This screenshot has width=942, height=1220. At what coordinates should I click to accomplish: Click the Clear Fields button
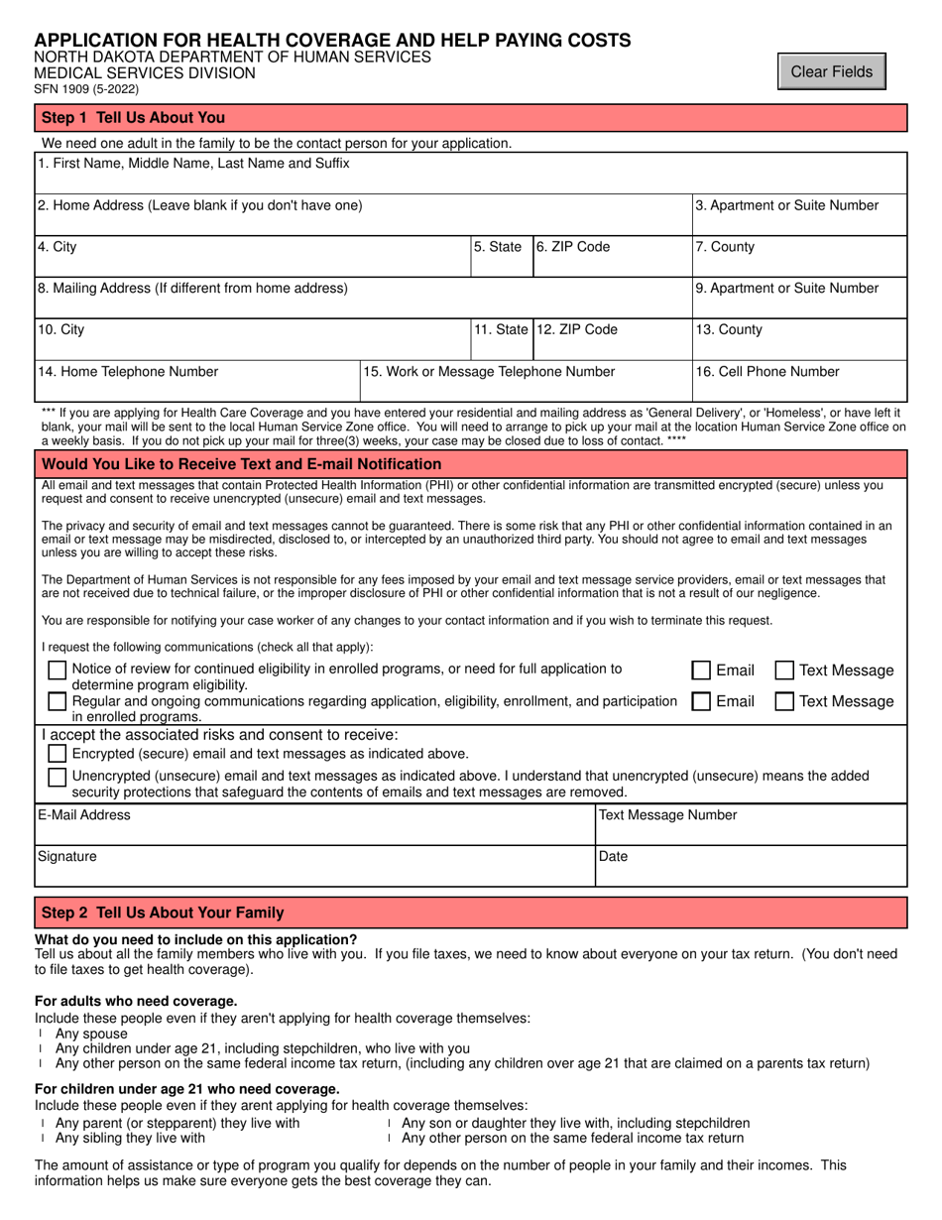coord(831,71)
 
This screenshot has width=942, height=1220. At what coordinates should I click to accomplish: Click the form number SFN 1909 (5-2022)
coord(87,89)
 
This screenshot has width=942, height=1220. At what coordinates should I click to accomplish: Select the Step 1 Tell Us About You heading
coord(134,118)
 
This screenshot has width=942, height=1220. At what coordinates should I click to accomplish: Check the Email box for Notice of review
coord(701,671)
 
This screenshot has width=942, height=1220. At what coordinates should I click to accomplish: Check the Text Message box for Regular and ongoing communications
coord(783,701)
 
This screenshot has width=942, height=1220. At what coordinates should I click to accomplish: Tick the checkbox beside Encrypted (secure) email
coord(59,753)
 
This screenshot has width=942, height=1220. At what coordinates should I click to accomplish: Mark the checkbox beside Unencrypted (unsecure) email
coord(59,777)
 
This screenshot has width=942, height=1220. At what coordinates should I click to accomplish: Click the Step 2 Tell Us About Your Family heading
coord(163,913)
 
